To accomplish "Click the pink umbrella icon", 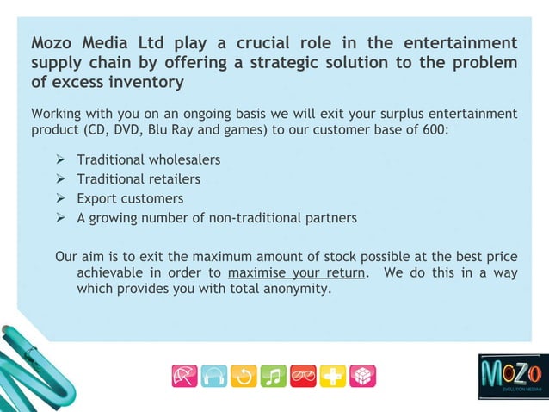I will coord(185,377).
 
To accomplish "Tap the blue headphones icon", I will coord(214,377).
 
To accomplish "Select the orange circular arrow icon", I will coord(244,377).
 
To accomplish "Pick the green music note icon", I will coord(274,377).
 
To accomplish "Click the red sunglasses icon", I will coord(303,377).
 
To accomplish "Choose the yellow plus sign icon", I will coord(333,377).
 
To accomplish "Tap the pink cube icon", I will coord(362,377).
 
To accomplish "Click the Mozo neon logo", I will coord(512,376).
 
